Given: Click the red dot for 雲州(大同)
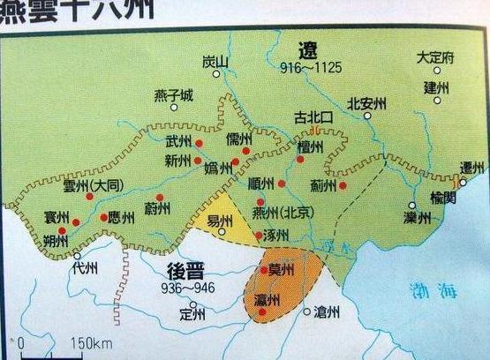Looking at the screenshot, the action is coord(89,196).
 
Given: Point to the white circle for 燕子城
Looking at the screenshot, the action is coord(174,108).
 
